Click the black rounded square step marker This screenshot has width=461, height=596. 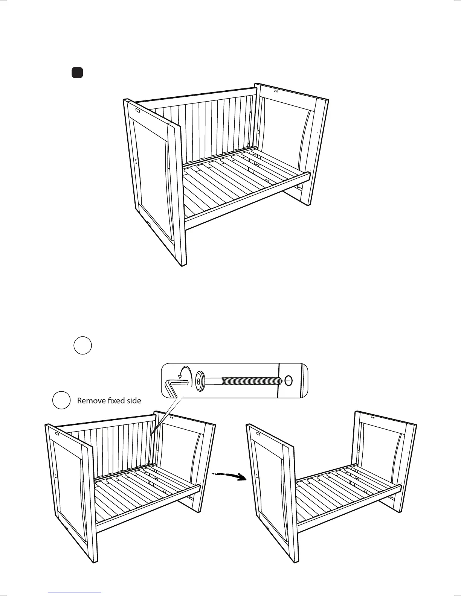77,73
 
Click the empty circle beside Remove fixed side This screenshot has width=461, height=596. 61,400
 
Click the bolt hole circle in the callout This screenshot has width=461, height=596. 288,381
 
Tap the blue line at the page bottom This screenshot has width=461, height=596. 75,592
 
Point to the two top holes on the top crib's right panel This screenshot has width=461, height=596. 275,91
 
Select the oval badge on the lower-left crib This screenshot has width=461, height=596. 57,433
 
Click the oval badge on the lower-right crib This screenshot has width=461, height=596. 258,433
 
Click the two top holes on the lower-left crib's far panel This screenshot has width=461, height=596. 171,417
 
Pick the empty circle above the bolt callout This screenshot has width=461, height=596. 82,345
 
